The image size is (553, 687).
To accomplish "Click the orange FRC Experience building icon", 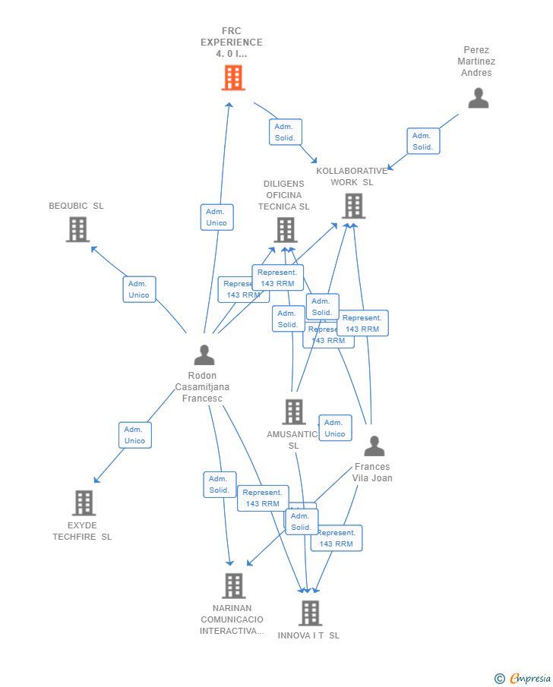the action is click(x=233, y=77).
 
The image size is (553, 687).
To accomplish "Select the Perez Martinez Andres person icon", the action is click(x=478, y=98).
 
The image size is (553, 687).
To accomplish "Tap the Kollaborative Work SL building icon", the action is click(x=353, y=206).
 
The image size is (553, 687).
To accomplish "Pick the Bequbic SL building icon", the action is click(x=77, y=229).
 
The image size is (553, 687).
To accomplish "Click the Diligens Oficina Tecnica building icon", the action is click(x=285, y=229).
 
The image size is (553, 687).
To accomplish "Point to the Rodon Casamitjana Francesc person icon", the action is click(x=204, y=355).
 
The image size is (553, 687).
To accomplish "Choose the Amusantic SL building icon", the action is click(x=293, y=411).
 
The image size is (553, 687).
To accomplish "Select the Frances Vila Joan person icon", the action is click(x=374, y=446).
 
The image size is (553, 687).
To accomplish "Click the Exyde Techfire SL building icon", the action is click(x=84, y=503).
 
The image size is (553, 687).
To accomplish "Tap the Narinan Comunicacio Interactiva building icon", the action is click(x=233, y=585).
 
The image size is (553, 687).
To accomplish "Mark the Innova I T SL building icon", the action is click(x=310, y=613).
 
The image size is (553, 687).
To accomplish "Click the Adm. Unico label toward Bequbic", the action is click(x=139, y=289).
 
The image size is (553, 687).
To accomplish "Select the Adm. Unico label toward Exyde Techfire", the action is click(x=134, y=435).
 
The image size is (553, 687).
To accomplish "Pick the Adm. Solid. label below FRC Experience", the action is click(x=285, y=132).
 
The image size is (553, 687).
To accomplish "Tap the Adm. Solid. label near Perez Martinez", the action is click(x=422, y=141).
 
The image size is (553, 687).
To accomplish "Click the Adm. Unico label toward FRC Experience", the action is click(x=216, y=217).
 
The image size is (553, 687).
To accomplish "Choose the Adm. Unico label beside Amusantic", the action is click(x=335, y=428).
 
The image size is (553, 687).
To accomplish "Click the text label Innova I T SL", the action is click(x=308, y=635).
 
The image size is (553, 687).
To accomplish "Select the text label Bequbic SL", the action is click(x=76, y=206).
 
